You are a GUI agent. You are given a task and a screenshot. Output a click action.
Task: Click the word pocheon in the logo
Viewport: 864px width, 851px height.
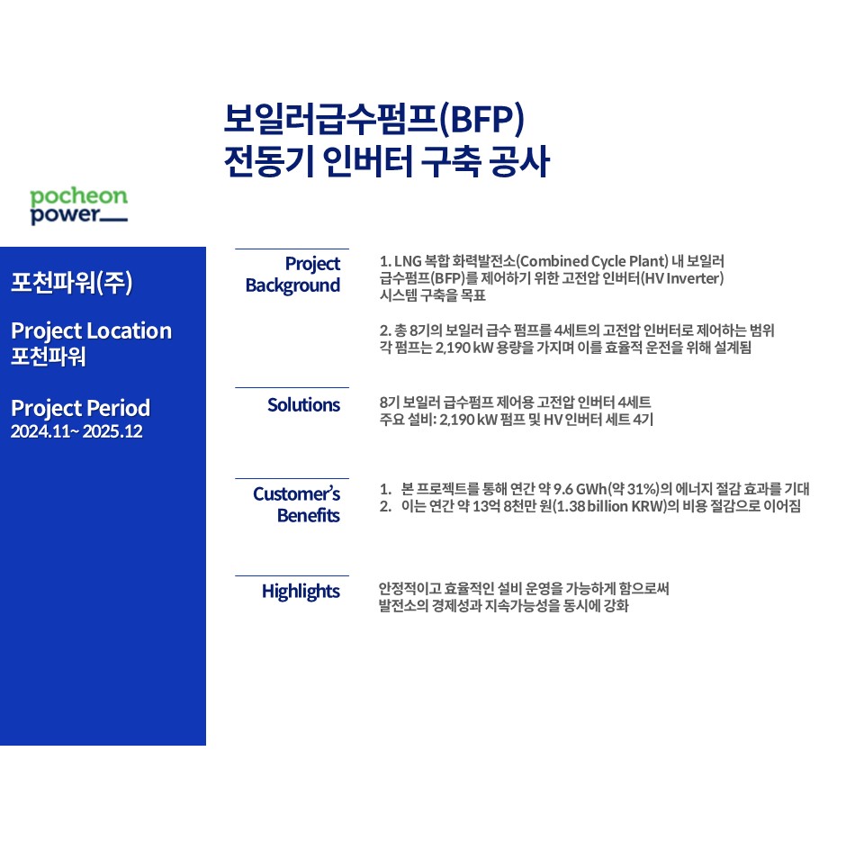(79, 196)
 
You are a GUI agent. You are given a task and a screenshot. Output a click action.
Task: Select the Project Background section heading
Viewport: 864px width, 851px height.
(292, 275)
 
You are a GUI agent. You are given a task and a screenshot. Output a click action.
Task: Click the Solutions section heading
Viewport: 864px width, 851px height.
(303, 405)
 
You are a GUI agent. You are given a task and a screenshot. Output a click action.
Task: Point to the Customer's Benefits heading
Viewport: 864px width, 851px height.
(296, 504)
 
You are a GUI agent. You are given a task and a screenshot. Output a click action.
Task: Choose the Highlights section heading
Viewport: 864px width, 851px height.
(301, 592)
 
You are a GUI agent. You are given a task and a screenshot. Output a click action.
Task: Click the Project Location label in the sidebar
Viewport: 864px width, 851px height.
(92, 330)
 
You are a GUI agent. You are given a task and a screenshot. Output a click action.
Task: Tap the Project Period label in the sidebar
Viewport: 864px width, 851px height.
(80, 409)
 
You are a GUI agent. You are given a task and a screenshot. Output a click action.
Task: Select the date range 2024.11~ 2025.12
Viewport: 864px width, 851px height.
(76, 431)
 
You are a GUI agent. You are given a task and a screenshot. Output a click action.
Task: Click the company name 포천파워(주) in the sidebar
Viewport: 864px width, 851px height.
(72, 282)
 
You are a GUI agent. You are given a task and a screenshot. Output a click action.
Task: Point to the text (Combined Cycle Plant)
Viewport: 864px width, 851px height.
(592, 261)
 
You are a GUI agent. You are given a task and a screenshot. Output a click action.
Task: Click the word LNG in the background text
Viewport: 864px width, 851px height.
(408, 261)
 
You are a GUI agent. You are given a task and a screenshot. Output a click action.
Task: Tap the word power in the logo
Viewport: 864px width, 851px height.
(65, 214)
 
